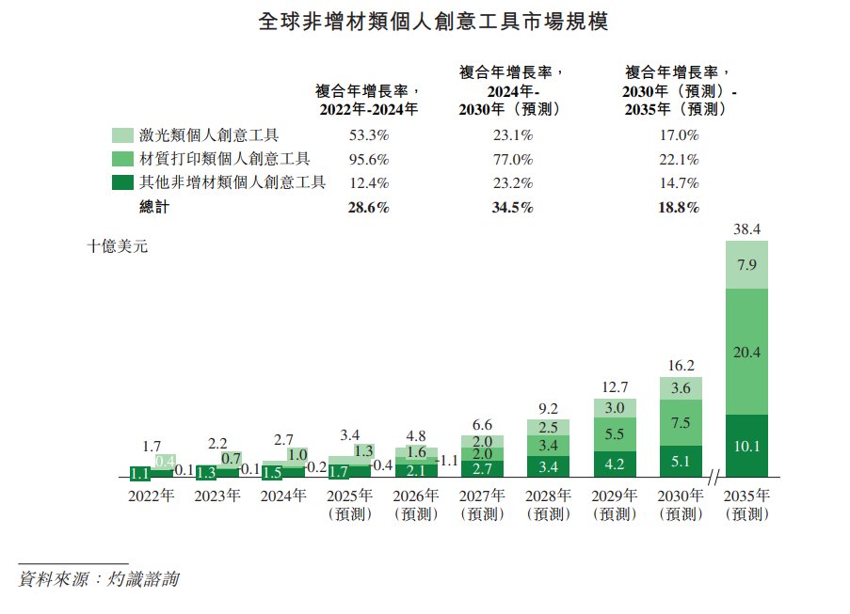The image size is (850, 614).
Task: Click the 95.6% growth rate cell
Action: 368,159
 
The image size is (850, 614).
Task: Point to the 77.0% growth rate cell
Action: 512,159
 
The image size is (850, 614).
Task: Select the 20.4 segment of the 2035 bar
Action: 746,351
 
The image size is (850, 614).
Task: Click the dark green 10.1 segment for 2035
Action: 746,448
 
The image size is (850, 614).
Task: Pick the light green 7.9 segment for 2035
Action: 746,265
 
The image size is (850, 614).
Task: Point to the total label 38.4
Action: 746,228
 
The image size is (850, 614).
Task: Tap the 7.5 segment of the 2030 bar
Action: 681,422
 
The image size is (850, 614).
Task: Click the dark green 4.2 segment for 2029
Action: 615,464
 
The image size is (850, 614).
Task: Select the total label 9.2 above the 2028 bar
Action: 549,408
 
